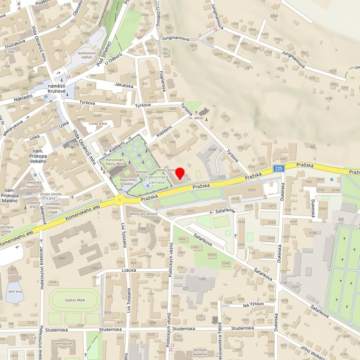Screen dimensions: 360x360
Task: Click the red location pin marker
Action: click(180, 174)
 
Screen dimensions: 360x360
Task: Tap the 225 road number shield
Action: click(280, 169)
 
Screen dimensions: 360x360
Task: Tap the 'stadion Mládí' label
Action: click(75, 300)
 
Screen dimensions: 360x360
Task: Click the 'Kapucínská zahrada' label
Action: click(160, 180)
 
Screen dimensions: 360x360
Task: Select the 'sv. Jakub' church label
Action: click(197, 118)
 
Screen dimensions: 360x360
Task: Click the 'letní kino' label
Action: click(15, 291)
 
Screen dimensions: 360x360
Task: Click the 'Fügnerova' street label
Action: click(163, 80)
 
